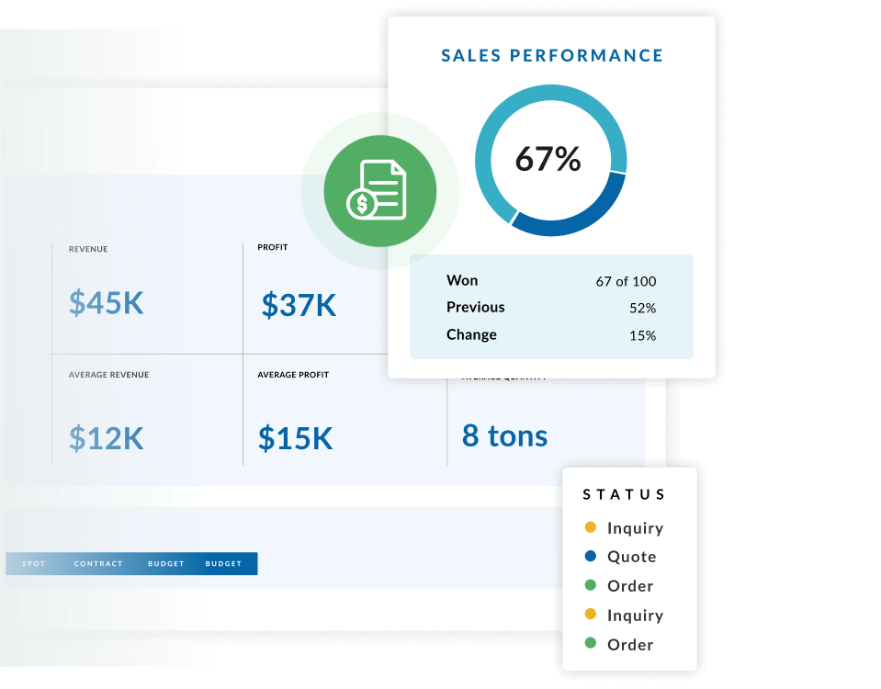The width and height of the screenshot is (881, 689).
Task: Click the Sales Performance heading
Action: coord(552,56)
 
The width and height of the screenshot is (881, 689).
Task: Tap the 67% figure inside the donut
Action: coord(548,159)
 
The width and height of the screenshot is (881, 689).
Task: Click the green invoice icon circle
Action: coord(379,192)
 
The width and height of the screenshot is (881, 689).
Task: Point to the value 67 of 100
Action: coord(626,281)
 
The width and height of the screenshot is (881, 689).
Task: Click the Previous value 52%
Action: coord(642,308)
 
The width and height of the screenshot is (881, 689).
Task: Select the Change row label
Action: coord(471,334)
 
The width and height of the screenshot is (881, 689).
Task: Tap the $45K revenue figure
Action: coord(107,302)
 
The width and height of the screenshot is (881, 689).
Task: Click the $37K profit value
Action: coord(299,304)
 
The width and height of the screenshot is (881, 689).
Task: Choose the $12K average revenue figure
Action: coord(107,438)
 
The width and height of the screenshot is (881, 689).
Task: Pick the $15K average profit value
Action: coord(295,438)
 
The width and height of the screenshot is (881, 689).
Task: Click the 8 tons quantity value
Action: coord(504,435)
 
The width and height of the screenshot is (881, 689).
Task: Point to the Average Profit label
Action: coord(292,375)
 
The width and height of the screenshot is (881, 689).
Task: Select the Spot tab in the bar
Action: coord(33,564)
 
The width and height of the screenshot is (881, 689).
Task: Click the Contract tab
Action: coord(98,564)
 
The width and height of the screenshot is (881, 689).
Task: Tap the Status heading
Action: coord(625,494)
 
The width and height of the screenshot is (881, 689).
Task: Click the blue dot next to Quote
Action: coord(590,556)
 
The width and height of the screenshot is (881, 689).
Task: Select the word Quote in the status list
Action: coord(631,557)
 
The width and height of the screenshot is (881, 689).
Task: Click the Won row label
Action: coord(462,280)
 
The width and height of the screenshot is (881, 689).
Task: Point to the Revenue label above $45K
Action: coord(88,249)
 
